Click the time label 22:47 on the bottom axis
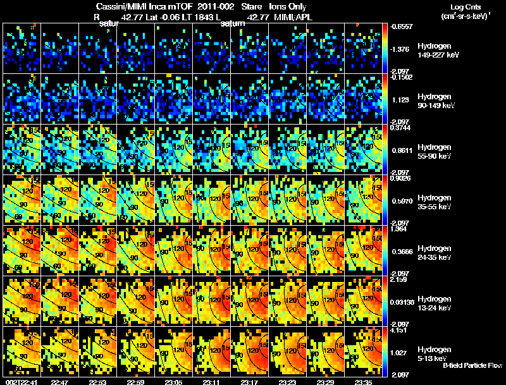[x=59, y=382]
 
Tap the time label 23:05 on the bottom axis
[x=174, y=382]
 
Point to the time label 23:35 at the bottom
[x=364, y=382]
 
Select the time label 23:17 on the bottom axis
[x=250, y=382]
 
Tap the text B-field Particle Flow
[x=472, y=365]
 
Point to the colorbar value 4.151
[x=398, y=330]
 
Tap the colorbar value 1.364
[x=398, y=229]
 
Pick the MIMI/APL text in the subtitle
[x=294, y=17]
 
